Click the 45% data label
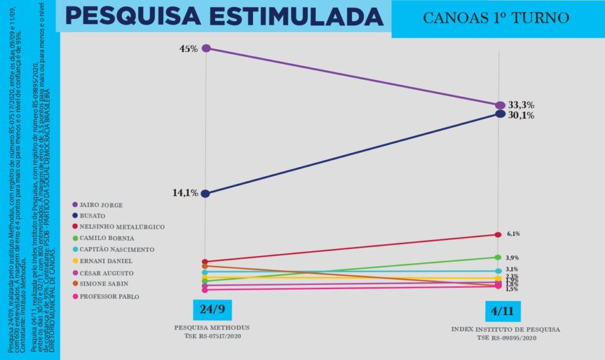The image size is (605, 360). click(188, 48)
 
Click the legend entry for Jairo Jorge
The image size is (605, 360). click(100, 205)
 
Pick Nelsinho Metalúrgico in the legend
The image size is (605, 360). click(122, 227)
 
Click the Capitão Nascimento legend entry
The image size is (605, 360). click(117, 249)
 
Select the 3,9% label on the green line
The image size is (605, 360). click(512, 258)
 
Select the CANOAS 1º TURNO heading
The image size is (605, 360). click(496, 18)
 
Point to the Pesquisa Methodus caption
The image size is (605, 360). click(212, 327)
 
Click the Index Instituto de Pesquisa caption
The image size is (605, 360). click(505, 329)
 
